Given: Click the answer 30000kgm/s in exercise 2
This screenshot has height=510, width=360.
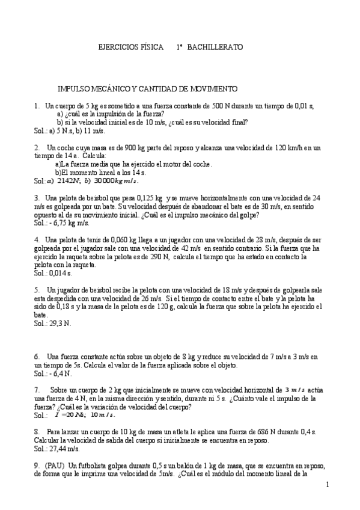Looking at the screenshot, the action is pos(115,180).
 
